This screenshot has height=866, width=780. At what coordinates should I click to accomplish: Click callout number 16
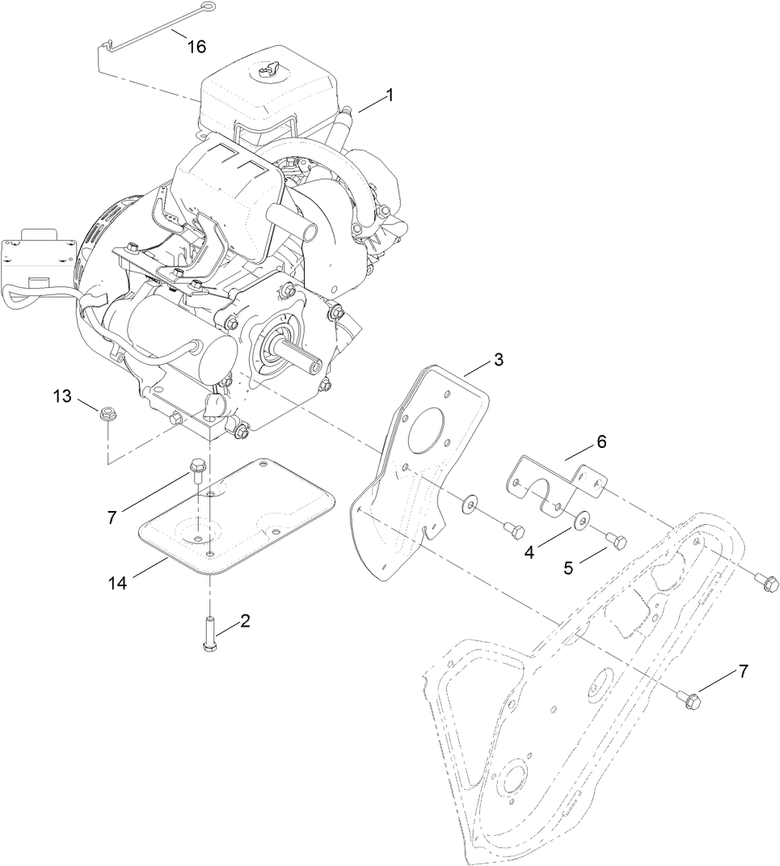tap(196, 46)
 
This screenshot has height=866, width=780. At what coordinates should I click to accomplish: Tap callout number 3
tap(499, 360)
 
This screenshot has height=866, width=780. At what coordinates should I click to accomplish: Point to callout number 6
tap(600, 441)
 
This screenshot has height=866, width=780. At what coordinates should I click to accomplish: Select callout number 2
tap(244, 621)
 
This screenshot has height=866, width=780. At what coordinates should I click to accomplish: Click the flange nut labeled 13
tap(105, 415)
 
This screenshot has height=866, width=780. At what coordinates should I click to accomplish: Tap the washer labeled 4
tap(582, 520)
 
